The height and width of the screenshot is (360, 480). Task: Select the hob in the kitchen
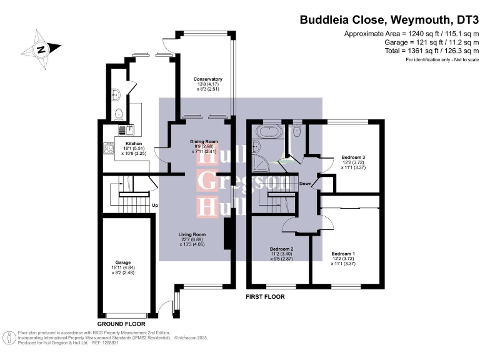pos(107,149)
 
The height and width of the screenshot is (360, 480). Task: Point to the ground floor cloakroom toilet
pos(119,114)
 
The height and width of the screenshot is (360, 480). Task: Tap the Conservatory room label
pos(208,79)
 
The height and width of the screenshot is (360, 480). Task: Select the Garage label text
pos(122,263)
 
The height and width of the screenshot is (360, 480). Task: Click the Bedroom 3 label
pos(353,157)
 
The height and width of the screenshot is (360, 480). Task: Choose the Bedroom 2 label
pos(281,249)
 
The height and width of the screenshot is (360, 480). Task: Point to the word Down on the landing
pos(306,184)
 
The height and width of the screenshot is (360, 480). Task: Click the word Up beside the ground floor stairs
pos(154,204)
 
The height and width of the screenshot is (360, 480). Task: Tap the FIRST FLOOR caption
pos(265,297)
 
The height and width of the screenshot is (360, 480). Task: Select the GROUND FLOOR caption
pos(121,324)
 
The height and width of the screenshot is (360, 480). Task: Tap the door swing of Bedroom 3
pos(326,164)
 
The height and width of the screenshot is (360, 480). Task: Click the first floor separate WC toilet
pos(297,132)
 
